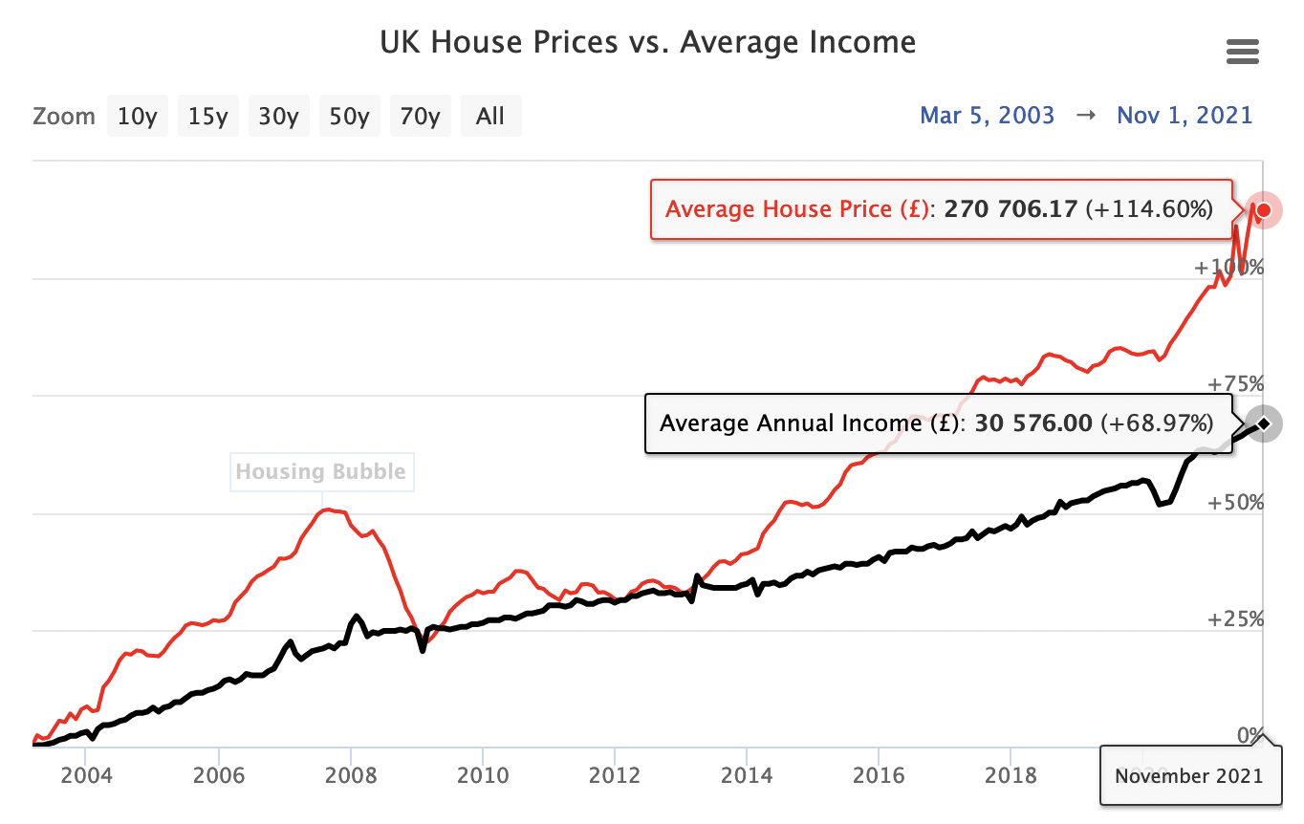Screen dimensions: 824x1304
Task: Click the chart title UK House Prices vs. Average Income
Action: [x=647, y=43]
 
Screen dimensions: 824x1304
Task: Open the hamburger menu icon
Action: [x=1242, y=52]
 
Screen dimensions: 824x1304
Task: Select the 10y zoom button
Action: [x=137, y=117]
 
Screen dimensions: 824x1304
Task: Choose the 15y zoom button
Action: [x=207, y=117]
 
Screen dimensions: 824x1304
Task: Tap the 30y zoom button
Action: [x=278, y=117]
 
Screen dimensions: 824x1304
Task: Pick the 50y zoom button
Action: [x=349, y=117]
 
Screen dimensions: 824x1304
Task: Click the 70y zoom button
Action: [x=420, y=117]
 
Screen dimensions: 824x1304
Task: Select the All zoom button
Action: [x=490, y=117]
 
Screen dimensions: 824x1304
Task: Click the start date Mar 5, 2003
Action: [x=987, y=116]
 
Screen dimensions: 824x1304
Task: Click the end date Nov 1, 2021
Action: [x=1184, y=116]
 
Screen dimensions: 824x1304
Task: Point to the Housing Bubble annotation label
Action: [x=321, y=471]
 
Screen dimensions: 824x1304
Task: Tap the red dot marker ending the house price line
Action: [x=1264, y=209]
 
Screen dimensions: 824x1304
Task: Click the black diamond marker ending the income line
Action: [x=1264, y=423]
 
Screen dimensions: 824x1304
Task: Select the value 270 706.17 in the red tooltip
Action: [x=1011, y=209]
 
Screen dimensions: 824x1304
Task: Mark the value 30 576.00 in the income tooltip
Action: [x=1032, y=423]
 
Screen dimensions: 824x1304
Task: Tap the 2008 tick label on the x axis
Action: [x=351, y=774]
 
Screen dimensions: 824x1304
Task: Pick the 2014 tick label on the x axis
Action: [x=747, y=774]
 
